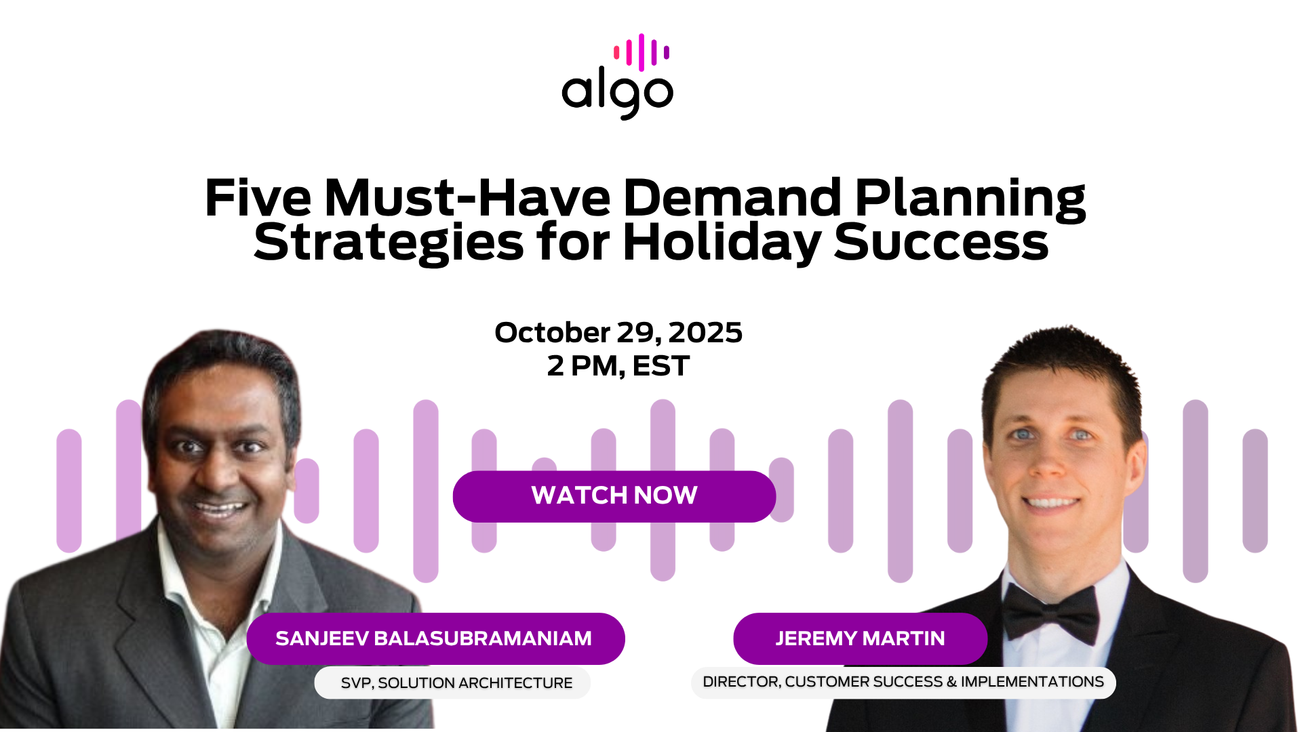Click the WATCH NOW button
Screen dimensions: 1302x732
point(614,496)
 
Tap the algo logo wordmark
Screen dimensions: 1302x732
point(617,94)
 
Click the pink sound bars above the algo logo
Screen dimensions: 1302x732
point(642,52)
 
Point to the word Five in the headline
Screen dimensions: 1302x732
point(258,198)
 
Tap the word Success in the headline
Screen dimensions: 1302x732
point(941,243)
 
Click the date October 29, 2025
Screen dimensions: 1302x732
point(618,333)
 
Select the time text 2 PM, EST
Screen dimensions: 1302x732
point(618,366)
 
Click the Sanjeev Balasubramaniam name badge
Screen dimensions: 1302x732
point(435,638)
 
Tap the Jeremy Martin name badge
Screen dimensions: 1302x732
point(860,638)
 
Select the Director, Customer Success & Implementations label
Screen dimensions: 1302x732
point(903,682)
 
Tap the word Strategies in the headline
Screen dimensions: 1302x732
point(389,243)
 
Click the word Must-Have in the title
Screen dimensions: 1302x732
point(467,198)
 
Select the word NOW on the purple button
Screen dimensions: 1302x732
point(665,495)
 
